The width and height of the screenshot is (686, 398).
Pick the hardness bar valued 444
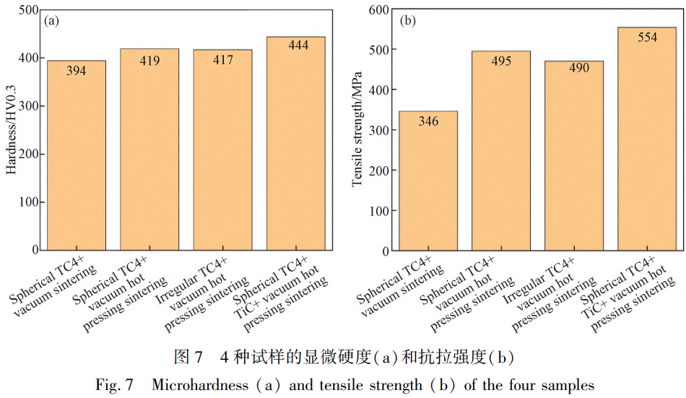295,144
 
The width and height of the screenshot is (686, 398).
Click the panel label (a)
51,21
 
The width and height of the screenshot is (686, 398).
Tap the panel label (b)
407,21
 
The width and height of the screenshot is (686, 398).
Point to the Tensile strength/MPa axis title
356,131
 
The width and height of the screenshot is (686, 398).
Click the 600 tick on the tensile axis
379,10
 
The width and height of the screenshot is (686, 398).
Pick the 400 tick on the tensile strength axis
379,90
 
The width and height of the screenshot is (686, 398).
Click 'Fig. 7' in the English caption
111,385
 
